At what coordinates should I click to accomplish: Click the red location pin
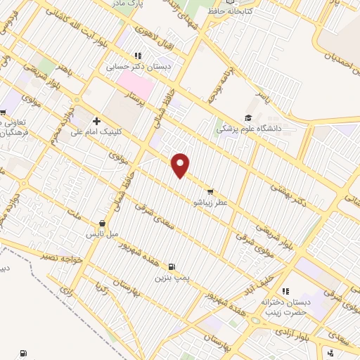click(181, 165)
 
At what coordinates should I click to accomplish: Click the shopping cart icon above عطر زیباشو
click(210, 191)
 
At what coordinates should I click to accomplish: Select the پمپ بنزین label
click(172, 278)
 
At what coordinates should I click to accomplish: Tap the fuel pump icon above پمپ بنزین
click(172, 266)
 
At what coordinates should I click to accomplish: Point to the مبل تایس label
click(103, 233)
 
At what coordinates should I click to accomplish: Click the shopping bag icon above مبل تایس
click(103, 222)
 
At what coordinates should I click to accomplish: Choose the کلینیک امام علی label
click(97, 132)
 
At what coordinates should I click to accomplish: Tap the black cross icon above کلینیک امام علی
click(96, 121)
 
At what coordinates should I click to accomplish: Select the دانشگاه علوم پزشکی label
click(247, 129)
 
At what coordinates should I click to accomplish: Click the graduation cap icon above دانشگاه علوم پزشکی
click(247, 117)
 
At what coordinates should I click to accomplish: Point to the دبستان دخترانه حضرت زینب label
click(285, 307)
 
